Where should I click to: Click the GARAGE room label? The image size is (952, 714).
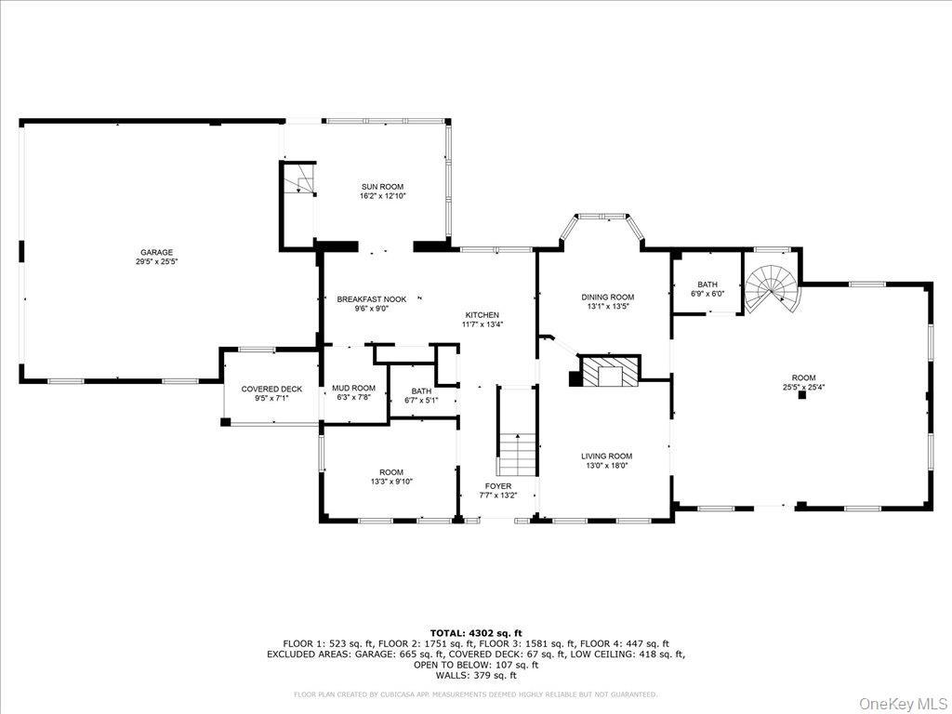157,252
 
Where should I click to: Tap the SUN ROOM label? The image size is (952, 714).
382,187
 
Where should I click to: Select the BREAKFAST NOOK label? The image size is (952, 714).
372,299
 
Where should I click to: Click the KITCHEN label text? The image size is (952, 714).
482,315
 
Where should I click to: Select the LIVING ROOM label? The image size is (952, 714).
606,456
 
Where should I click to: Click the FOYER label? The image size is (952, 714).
497,486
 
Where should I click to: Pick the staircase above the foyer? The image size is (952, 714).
518,453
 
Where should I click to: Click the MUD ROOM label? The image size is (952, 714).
353,388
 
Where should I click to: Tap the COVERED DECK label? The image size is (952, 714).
271,389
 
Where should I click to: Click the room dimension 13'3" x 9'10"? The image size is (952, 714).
391,481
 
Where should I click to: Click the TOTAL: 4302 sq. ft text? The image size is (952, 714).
475,632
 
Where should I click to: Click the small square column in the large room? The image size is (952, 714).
801,395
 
